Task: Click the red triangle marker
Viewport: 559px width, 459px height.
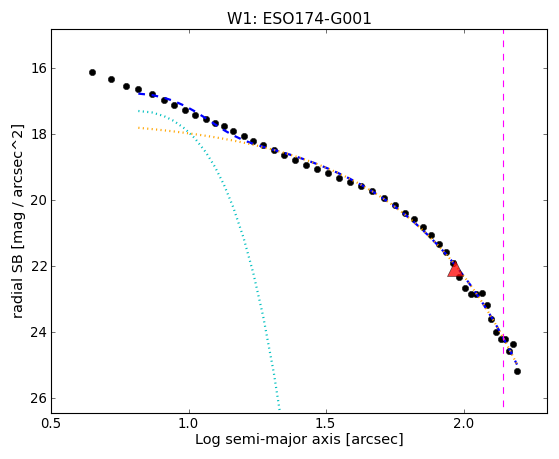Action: coord(455,270)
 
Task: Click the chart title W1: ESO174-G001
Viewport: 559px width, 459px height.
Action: coord(299,19)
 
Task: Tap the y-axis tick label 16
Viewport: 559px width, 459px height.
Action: coord(39,68)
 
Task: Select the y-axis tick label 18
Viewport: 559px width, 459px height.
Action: coord(39,134)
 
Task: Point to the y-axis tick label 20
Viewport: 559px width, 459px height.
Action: coord(39,200)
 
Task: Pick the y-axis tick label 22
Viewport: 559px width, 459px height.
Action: coord(39,266)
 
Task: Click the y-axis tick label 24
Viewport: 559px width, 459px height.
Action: coord(39,332)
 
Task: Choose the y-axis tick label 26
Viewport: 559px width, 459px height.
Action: coord(39,398)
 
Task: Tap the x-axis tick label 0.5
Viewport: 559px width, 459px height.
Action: coord(52,423)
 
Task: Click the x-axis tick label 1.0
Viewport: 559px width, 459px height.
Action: coord(189,423)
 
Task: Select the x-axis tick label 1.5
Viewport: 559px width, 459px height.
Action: coord(327,423)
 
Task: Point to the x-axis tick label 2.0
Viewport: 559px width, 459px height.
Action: coord(464,423)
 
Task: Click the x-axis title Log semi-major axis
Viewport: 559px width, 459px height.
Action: coord(268,440)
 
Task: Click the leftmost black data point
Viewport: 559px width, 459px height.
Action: coord(92,72)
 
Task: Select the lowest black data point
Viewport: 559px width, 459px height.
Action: coord(517,372)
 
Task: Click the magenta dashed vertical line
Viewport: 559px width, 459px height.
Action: coord(503,218)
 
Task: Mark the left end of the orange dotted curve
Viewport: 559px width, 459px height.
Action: coord(139,127)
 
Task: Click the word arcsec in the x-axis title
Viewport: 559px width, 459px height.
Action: coord(372,440)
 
